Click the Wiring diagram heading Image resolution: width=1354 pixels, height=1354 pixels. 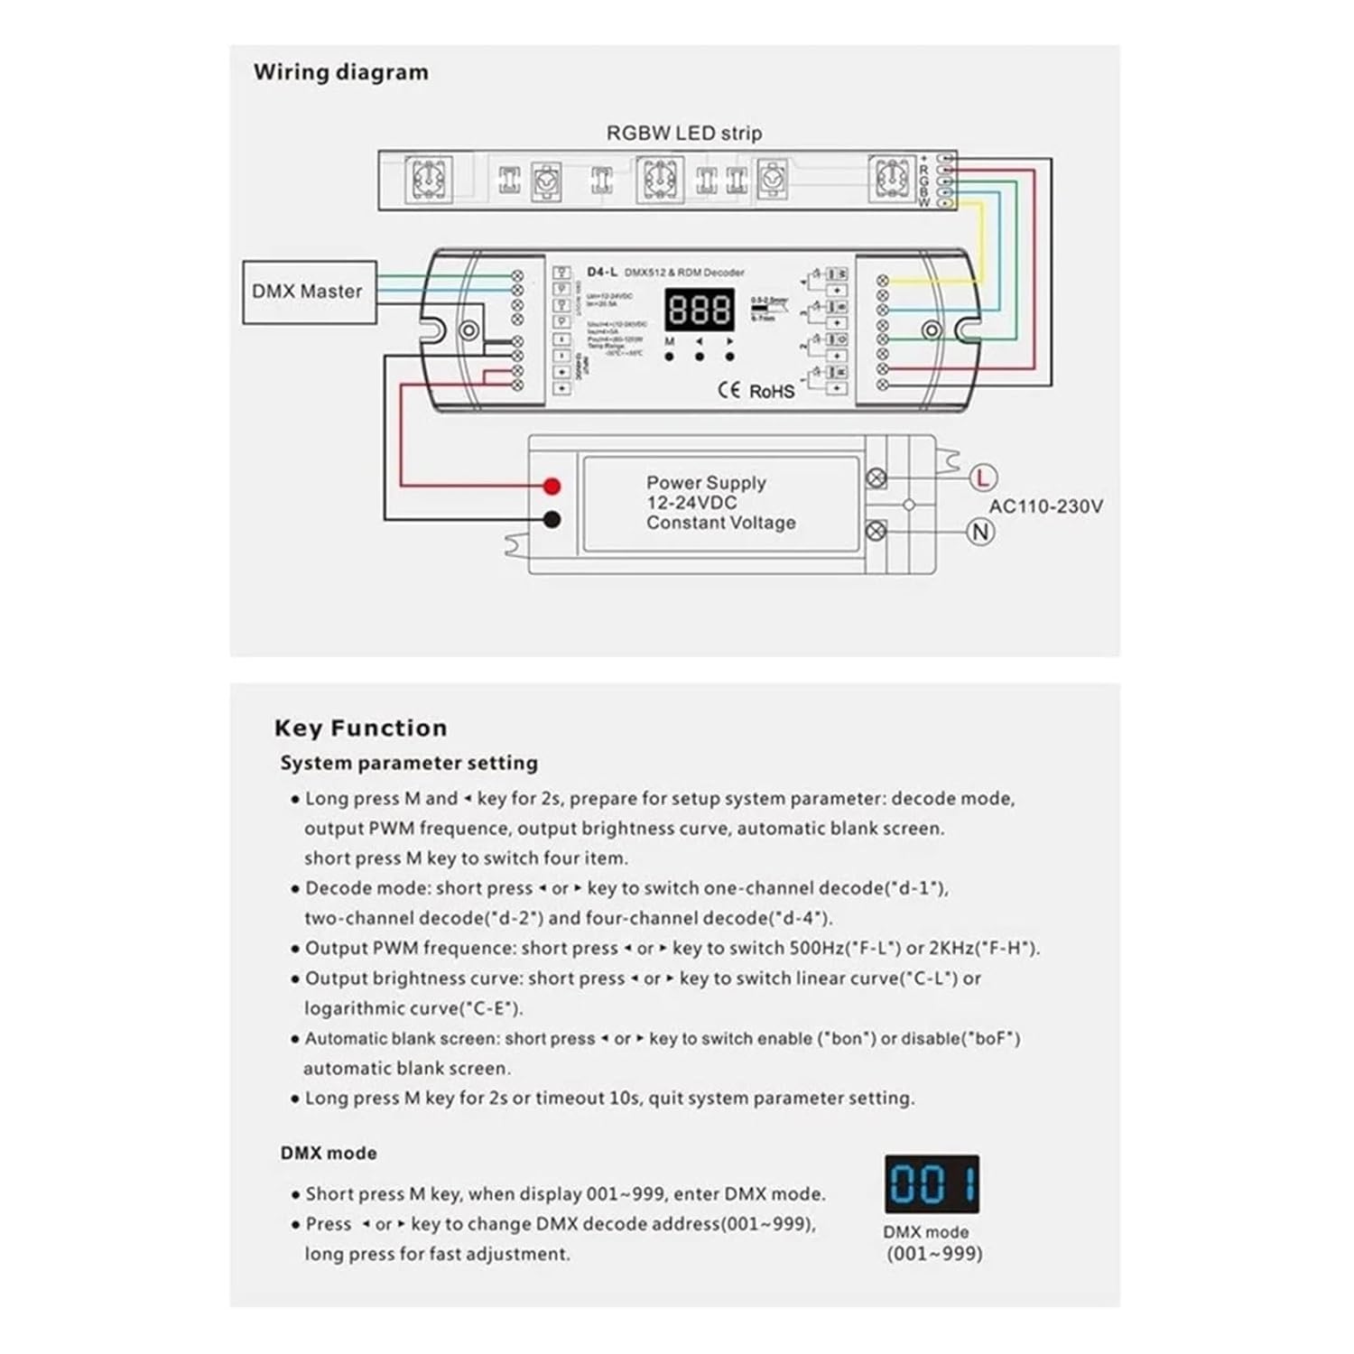coord(340,72)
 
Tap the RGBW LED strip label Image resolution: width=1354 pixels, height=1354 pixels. coord(683,134)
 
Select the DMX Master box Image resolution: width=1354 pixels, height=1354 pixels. coord(309,292)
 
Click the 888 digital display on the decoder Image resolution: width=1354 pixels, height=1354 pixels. coord(699,311)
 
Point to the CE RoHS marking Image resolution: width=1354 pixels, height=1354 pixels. coord(756,391)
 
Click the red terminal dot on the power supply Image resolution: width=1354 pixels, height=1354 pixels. coord(552,487)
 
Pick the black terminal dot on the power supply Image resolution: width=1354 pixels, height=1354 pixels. coord(552,520)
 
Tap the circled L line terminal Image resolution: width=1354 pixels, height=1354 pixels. coord(982,478)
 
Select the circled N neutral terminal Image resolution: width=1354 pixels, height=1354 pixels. coord(981,532)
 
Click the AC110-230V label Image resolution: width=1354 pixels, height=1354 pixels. coord(1045,506)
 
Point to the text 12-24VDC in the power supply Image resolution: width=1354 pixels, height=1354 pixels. coord(691,503)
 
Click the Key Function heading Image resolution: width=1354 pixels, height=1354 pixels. coord(360,728)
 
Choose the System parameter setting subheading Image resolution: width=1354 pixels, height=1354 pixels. coord(408,763)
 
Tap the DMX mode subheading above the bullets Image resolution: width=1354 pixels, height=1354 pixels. coord(329,1153)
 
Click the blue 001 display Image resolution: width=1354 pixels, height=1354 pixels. coord(932,1183)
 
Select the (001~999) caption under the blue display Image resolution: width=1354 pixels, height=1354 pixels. coord(933,1253)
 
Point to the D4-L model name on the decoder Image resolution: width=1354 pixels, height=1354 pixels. coord(602,272)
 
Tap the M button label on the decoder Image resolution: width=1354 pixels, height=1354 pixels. coord(669,342)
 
